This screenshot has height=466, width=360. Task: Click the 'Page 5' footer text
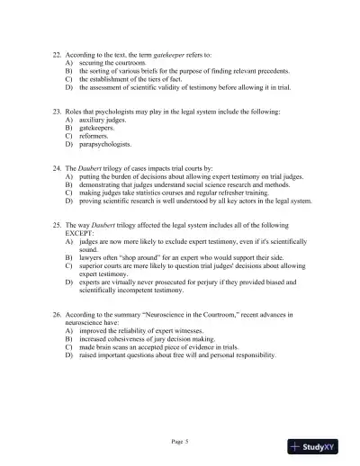click(179, 443)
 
